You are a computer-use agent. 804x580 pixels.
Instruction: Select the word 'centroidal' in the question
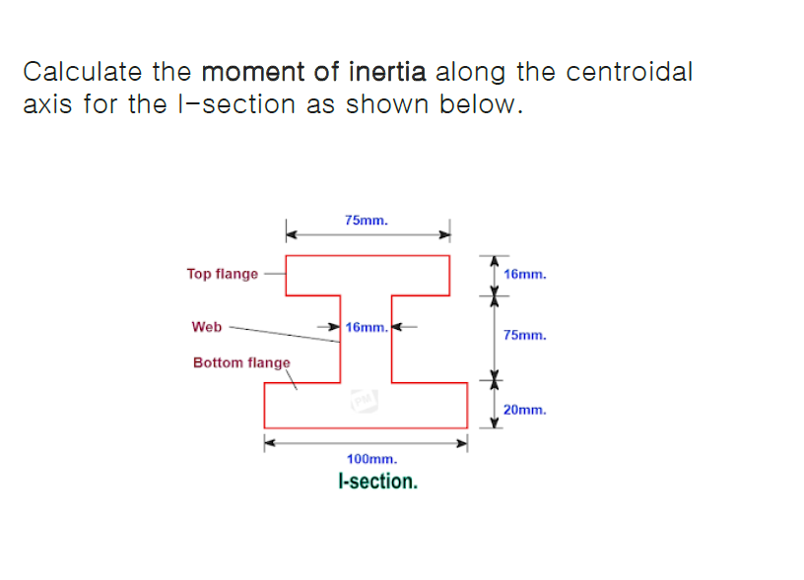[x=630, y=72]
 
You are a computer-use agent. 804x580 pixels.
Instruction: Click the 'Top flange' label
[x=222, y=274]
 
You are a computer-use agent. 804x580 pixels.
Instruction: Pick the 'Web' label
[x=207, y=326]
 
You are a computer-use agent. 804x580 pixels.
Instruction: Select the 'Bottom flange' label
[x=241, y=362]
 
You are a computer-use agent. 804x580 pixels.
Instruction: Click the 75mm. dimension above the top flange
[x=367, y=220]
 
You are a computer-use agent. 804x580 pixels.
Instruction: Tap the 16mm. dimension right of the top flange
[x=524, y=274]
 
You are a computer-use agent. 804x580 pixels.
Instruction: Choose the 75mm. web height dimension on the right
[x=524, y=335]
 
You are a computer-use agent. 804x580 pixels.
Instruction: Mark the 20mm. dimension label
[x=524, y=409]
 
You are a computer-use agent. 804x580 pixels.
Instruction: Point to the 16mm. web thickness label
[x=367, y=326]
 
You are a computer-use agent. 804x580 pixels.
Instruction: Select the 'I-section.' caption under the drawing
[x=376, y=482]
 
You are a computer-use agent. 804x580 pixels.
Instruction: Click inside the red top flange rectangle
[x=367, y=275]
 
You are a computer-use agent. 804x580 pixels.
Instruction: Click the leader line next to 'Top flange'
[x=273, y=274]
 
